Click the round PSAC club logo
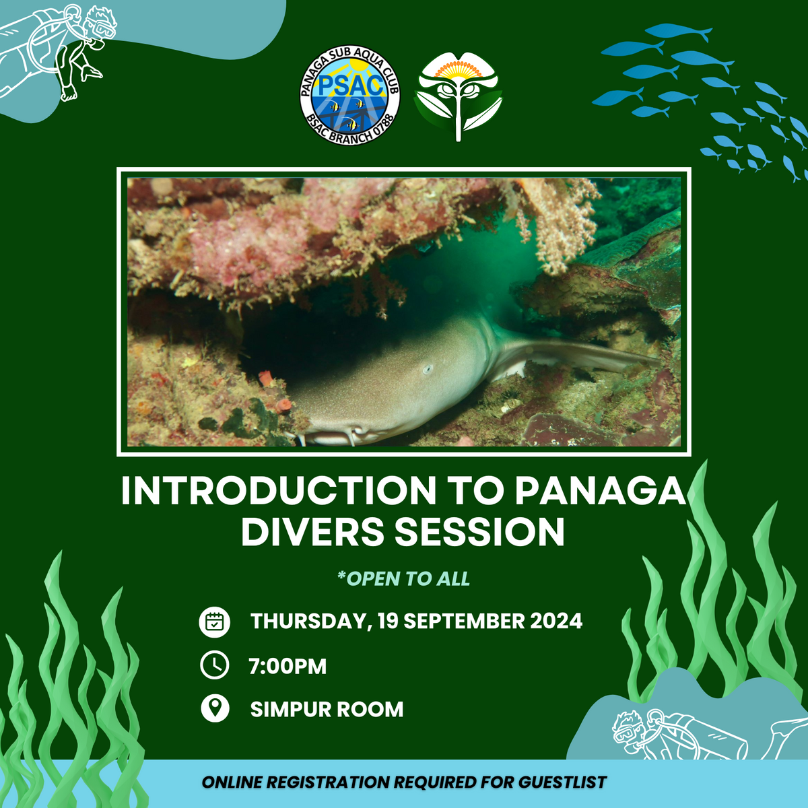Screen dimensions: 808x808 [x=350, y=96]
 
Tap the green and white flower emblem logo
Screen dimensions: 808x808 [x=459, y=96]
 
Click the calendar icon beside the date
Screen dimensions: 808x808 [x=215, y=621]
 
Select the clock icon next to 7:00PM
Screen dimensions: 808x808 [x=215, y=665]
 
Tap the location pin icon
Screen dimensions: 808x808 [x=215, y=708]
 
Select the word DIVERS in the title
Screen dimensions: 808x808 [x=312, y=532]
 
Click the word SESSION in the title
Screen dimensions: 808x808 [x=479, y=532]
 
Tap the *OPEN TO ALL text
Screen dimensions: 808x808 [x=403, y=579]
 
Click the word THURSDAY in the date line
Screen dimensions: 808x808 [x=310, y=621]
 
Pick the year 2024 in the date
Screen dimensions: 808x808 [x=556, y=621]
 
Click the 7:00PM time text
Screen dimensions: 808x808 [x=288, y=667]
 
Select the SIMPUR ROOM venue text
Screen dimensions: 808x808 [x=327, y=709]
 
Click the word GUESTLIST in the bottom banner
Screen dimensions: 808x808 [x=562, y=782]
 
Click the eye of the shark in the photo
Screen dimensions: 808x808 [x=427, y=368]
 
